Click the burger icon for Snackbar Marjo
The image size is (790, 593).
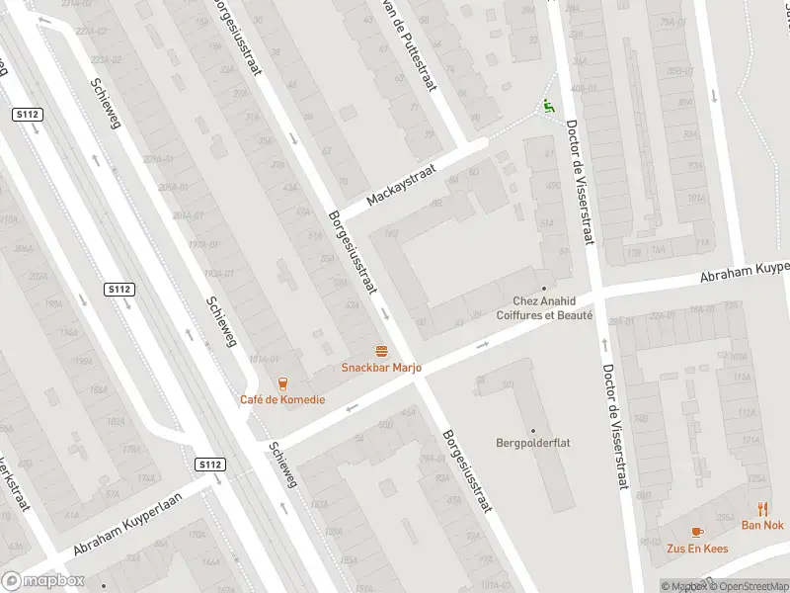(381, 351)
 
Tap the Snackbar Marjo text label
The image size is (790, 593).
(381, 368)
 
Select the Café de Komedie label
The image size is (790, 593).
(282, 399)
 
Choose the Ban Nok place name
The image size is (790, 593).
(762, 525)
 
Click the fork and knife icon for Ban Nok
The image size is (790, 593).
(762, 509)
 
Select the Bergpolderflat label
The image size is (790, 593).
(533, 443)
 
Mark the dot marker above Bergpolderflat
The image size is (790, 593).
(533, 430)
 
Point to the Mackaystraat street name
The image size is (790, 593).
(401, 185)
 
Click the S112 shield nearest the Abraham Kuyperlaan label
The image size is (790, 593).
(209, 465)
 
